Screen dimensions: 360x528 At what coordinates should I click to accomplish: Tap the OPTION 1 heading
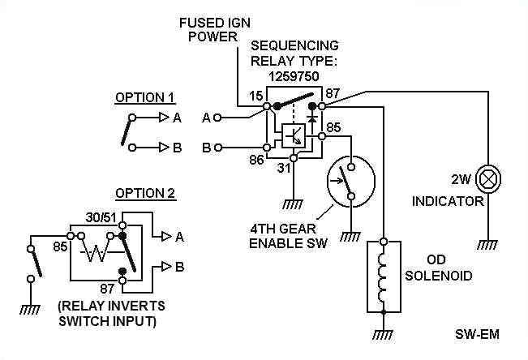point(144,97)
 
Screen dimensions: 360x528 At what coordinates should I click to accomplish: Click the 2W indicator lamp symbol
point(488,178)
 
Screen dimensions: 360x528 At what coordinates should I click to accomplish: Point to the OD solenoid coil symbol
point(384,277)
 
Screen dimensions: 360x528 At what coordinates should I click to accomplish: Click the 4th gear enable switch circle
point(348,181)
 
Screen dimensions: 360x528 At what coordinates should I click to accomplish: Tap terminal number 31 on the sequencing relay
point(283,168)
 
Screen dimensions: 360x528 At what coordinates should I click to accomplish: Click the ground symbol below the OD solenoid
point(384,332)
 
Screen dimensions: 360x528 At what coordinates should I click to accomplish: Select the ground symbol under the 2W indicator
point(488,242)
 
